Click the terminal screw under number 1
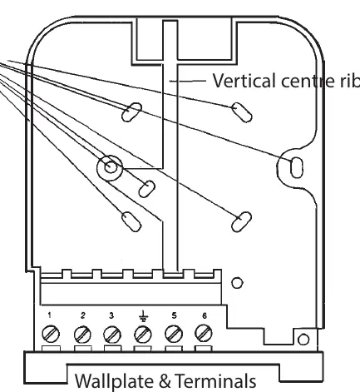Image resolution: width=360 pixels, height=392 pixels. (x=51, y=334)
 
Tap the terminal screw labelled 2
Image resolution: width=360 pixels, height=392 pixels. (x=82, y=335)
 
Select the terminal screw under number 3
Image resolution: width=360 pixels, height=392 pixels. (x=112, y=335)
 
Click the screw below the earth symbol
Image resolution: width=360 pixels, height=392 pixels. (x=143, y=335)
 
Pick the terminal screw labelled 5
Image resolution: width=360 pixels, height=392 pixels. (x=174, y=334)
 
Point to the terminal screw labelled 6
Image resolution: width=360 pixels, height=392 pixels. (x=204, y=333)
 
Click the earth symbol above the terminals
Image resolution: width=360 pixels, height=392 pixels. (x=143, y=316)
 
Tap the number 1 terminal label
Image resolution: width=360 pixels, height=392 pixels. (x=49, y=315)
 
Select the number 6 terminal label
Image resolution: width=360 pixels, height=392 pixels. (x=205, y=315)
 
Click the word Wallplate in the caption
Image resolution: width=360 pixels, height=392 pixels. (x=114, y=381)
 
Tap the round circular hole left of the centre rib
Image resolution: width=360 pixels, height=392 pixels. (x=110, y=167)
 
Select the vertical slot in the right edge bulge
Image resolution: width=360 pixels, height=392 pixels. (x=297, y=167)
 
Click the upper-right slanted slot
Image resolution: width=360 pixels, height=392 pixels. (x=242, y=112)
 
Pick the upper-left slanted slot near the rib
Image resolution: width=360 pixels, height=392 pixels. (x=131, y=112)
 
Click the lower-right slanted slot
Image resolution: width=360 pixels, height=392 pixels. (x=241, y=221)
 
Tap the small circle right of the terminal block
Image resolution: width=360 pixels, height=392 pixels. (x=237, y=283)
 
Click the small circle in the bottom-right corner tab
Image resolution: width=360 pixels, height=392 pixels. (x=303, y=340)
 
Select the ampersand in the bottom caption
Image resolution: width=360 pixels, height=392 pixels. (x=165, y=381)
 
